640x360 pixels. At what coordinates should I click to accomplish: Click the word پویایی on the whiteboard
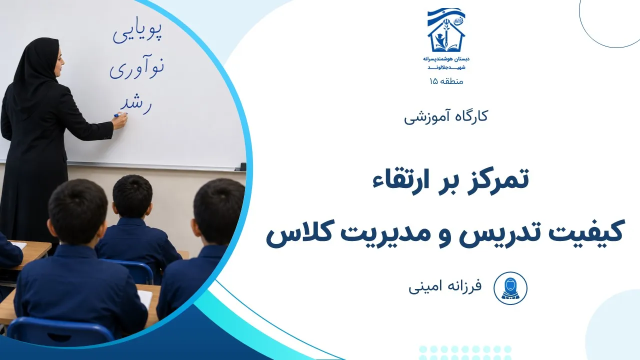[x=137, y=33]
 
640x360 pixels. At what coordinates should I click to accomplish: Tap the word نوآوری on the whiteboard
[x=137, y=68]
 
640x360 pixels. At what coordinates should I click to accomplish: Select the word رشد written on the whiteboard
[x=136, y=104]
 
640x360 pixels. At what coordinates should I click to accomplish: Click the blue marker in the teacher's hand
[x=119, y=115]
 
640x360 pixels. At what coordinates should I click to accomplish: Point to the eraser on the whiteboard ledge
[x=243, y=166]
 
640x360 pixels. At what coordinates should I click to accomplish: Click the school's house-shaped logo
[x=446, y=30]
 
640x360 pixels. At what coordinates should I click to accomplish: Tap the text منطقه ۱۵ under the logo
[x=446, y=81]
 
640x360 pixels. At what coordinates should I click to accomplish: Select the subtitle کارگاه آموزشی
[x=446, y=117]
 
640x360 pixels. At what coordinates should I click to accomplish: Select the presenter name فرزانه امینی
[x=445, y=287]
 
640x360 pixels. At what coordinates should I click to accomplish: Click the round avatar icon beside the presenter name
[x=510, y=288]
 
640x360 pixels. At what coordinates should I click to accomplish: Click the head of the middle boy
[x=132, y=197]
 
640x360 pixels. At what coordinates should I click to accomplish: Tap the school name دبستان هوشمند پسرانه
[x=446, y=59]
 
